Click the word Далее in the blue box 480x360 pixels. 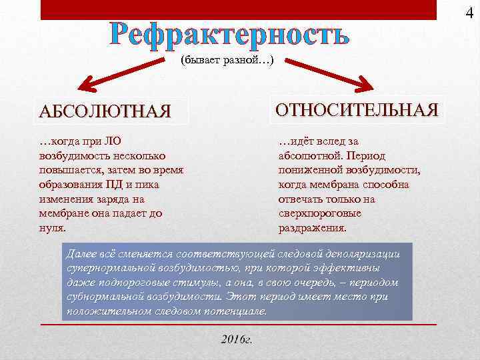tap(82, 254)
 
